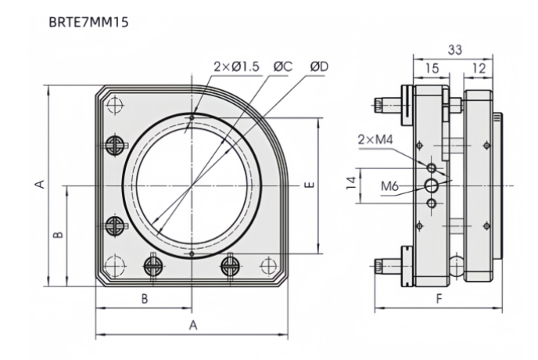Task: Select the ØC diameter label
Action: coord(282,67)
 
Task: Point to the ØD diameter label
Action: coord(319,67)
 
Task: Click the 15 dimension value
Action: coord(432,69)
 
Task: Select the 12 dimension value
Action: coord(478,69)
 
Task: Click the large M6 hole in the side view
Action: coord(432,185)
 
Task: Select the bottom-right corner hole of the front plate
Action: coord(269,264)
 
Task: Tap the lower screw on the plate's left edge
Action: coord(116,226)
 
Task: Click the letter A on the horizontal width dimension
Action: coord(192,325)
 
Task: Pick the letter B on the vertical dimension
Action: coord(57,234)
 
